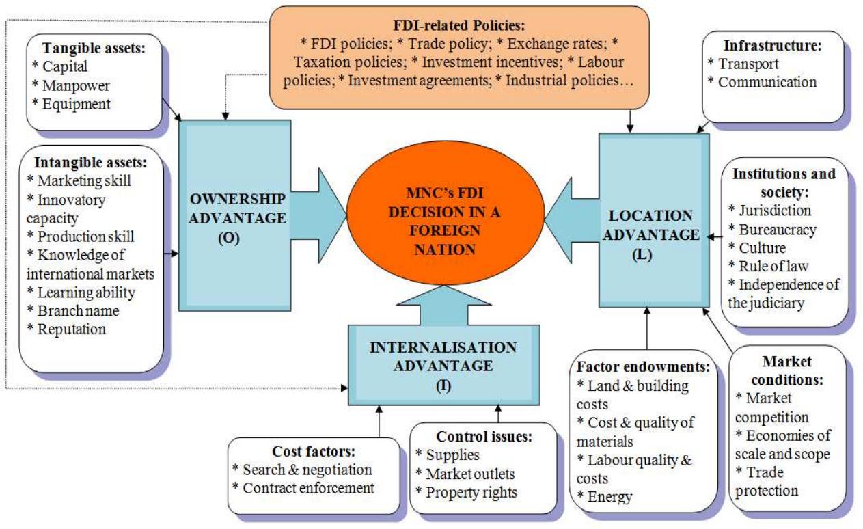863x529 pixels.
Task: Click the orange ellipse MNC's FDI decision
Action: [x=446, y=213]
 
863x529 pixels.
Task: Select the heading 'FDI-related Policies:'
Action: [x=459, y=26]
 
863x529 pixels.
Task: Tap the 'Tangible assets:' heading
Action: [x=94, y=48]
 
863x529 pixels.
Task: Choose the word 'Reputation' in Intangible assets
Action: [x=72, y=329]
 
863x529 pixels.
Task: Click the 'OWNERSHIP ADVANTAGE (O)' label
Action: [x=237, y=218]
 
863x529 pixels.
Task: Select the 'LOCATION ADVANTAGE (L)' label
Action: [x=651, y=234]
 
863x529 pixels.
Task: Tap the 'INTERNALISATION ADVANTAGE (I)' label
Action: [x=443, y=366]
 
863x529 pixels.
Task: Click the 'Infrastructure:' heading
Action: [x=772, y=46]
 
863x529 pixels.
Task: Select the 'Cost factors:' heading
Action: [x=314, y=451]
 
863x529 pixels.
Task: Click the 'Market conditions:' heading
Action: [x=787, y=370]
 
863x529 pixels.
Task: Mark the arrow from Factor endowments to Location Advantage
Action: [x=647, y=328]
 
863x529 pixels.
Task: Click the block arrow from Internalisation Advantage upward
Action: [x=444, y=305]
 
